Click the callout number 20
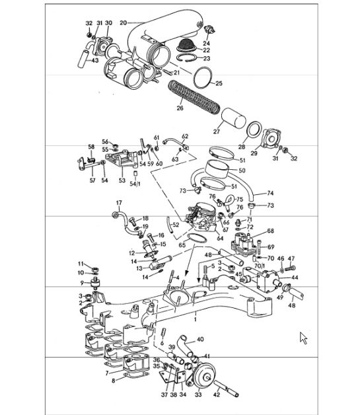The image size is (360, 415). coord(124,22)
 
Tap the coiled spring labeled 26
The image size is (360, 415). coord(194,98)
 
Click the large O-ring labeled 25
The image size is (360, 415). coord(203,77)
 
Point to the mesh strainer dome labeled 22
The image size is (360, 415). coord(186,45)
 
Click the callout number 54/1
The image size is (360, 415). coord(135,184)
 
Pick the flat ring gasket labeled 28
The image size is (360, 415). coord(254,132)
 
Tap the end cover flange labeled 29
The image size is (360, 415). coord(271,138)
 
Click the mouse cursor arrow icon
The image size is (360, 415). coord(303,338)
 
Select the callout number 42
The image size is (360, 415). coord(217,395)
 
